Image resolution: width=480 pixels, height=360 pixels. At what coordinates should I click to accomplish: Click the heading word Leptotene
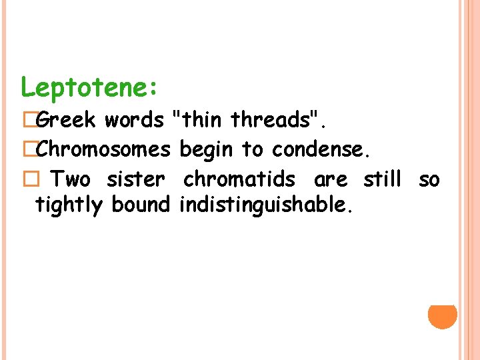(x=88, y=87)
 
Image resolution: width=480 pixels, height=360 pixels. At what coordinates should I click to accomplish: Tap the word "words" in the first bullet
(x=133, y=120)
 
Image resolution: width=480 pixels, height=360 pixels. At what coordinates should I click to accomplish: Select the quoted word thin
(x=199, y=120)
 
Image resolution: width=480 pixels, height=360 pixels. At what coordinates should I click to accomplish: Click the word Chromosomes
(x=103, y=149)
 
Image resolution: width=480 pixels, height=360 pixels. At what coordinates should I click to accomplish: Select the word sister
(x=135, y=179)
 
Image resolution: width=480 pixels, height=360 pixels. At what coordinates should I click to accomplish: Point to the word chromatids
(x=239, y=179)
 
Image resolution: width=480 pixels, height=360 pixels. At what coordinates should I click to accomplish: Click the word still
(x=382, y=179)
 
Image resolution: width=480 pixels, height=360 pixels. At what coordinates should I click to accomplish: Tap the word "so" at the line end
(x=429, y=179)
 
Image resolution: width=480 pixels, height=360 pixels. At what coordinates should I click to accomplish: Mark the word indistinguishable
(x=265, y=205)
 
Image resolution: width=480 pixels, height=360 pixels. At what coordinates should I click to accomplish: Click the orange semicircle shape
(x=443, y=317)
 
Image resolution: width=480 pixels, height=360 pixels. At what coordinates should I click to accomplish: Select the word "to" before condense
(x=252, y=149)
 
